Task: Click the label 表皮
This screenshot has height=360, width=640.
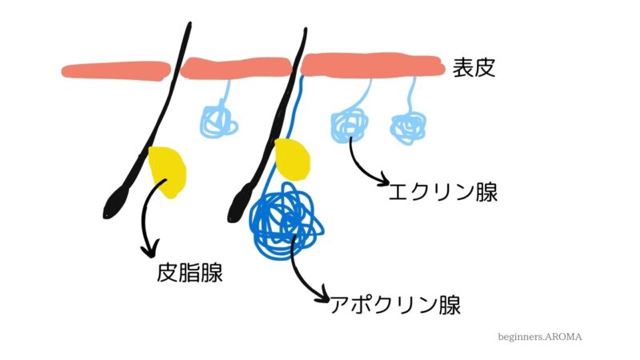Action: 474,66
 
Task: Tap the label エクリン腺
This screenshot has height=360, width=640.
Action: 442,192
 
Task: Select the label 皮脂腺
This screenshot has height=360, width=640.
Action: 190,274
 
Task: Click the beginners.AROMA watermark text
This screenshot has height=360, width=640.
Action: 539,337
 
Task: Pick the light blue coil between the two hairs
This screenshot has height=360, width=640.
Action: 218,120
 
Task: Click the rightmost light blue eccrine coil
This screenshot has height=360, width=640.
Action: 408,127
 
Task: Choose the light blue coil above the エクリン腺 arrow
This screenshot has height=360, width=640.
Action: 350,123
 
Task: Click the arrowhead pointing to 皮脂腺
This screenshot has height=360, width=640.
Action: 148,252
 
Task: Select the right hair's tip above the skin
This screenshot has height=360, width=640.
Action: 305,34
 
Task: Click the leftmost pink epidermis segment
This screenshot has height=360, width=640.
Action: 116,70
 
